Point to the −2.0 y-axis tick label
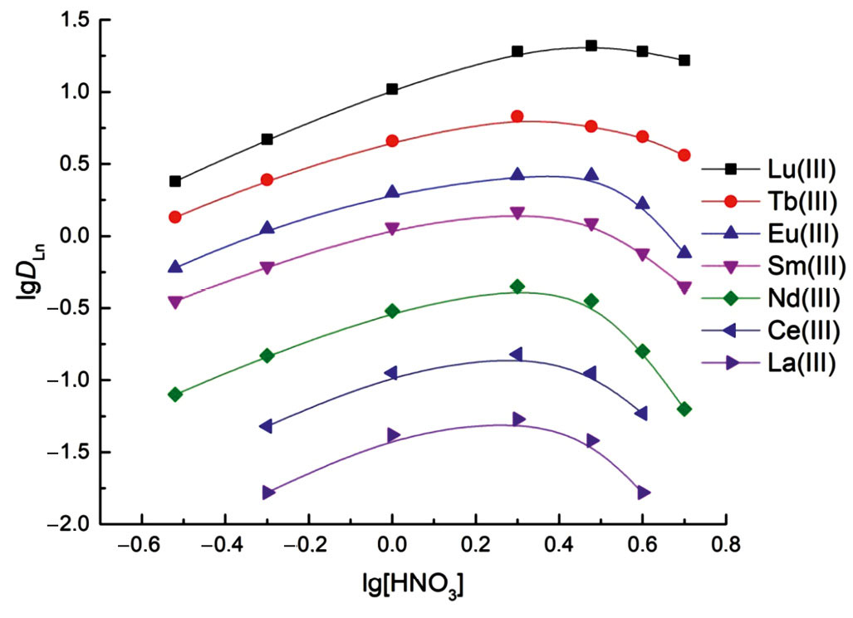[66, 525]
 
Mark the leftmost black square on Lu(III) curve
[175, 181]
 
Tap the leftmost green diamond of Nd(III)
[175, 395]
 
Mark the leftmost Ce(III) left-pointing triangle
[267, 426]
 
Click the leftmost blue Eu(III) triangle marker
[175, 267]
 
